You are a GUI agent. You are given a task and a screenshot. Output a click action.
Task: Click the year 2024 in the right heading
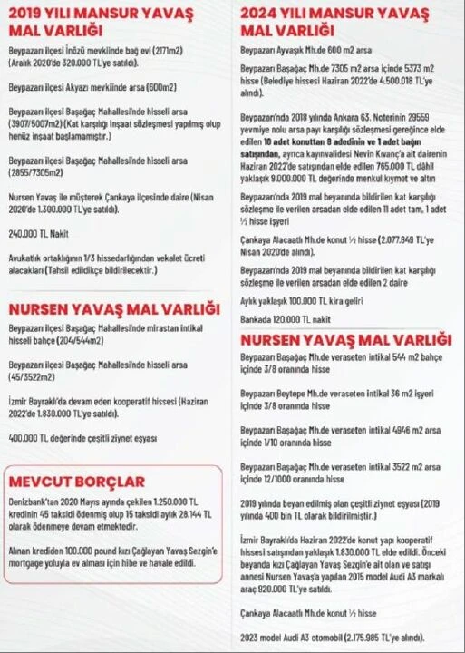pos(260,13)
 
